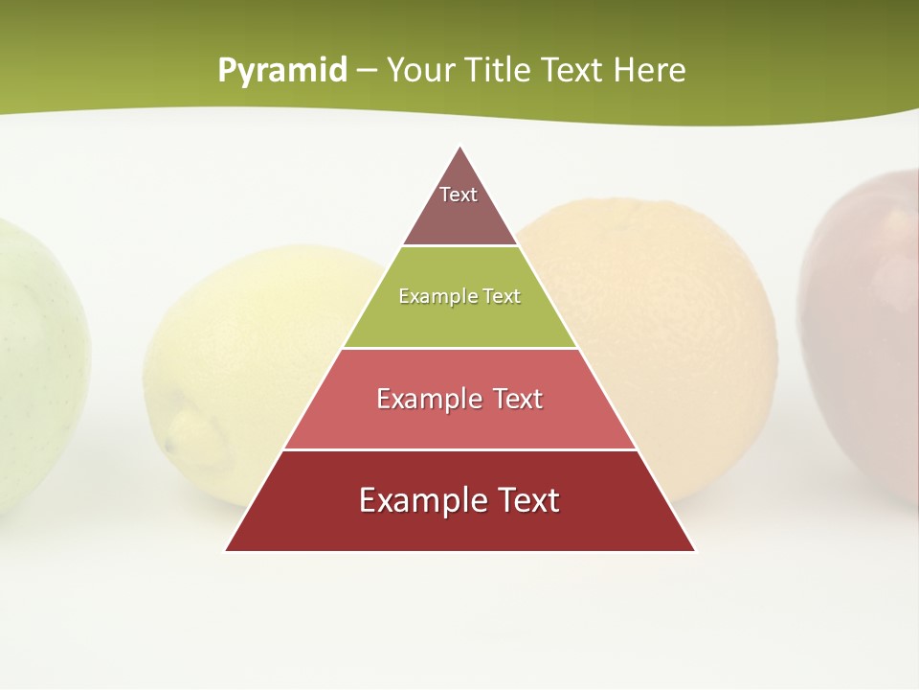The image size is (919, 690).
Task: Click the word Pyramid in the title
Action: pos(281,71)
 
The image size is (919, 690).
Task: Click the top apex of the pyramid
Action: pos(460,148)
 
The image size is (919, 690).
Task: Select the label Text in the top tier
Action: pos(459,195)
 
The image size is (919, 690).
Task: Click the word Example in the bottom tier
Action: pos(418,500)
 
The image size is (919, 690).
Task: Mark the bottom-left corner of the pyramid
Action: pos(226,550)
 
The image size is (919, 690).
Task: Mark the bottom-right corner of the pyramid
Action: pos(695,550)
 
